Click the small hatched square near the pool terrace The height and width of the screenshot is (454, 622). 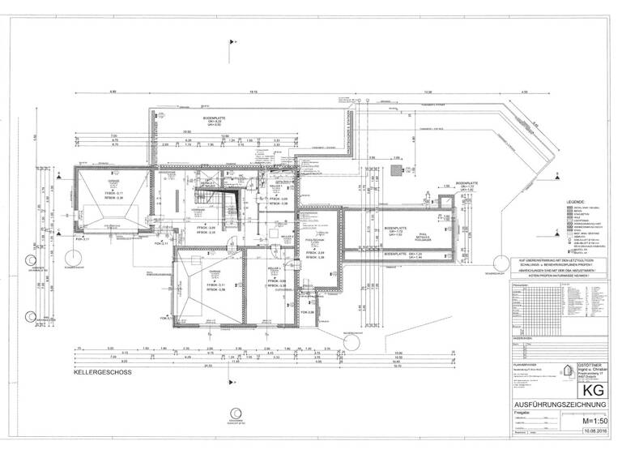coord(396,171)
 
